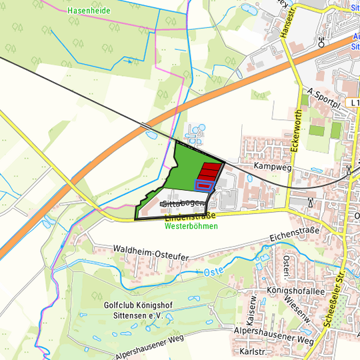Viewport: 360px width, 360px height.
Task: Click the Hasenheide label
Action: (89, 11)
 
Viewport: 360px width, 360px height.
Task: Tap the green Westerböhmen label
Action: (191, 227)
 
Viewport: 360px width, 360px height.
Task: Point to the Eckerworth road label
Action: (299, 131)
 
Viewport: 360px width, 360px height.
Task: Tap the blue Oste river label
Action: (213, 271)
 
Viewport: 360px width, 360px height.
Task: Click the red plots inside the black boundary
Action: (209, 170)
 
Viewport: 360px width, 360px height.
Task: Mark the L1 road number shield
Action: (353, 103)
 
